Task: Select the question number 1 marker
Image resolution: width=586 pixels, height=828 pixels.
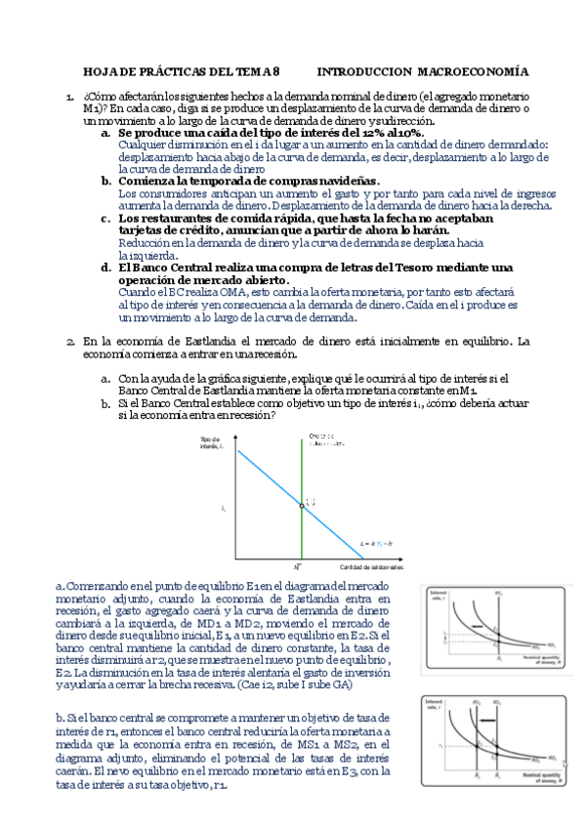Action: click(69, 98)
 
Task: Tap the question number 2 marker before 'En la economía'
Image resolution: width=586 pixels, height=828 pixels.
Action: click(69, 342)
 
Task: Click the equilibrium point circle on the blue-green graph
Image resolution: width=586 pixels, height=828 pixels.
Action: click(301, 506)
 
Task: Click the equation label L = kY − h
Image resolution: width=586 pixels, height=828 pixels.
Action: click(376, 540)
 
